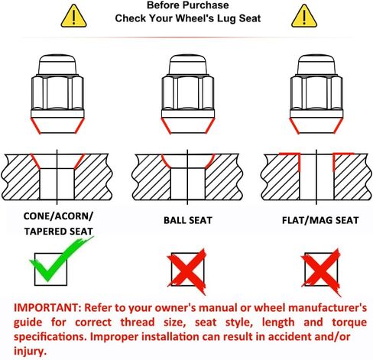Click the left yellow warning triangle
point(73,17)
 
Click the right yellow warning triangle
point(304,17)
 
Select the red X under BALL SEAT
point(186,271)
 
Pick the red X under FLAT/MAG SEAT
point(321,271)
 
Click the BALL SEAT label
point(188,220)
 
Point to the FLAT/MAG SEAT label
point(320,220)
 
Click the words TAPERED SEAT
point(59,232)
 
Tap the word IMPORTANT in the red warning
point(47,308)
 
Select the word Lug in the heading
point(225,19)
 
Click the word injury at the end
point(30,351)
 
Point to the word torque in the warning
point(349,323)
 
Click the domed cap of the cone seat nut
point(57,64)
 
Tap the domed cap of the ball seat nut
point(188,64)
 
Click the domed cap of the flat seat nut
point(316,64)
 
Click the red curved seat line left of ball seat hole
point(165,162)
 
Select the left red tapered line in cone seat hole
point(35,161)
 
